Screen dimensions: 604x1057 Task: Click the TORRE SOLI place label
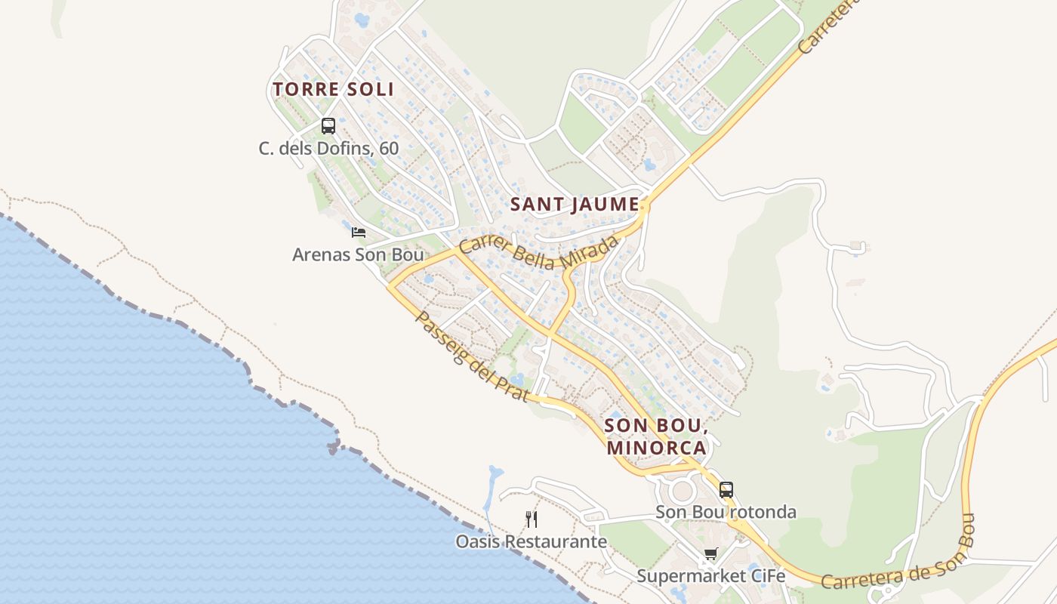(x=333, y=89)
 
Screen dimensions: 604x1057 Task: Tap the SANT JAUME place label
(x=575, y=205)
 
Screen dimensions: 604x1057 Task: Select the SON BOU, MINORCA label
(x=655, y=436)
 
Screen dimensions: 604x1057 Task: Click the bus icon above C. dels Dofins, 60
(x=328, y=126)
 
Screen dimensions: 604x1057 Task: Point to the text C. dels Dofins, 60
(x=328, y=148)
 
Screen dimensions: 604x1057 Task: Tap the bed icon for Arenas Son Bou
(x=359, y=232)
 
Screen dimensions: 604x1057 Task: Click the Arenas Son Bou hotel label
(x=358, y=254)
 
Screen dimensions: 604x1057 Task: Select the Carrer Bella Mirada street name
(x=538, y=252)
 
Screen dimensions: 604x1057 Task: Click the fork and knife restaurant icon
(x=532, y=519)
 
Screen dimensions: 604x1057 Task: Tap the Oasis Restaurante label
(x=531, y=541)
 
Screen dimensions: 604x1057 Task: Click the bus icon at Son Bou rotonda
(x=726, y=489)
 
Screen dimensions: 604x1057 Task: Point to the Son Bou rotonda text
(x=726, y=512)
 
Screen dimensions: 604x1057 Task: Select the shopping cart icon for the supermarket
(x=710, y=555)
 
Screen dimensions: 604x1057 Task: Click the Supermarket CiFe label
(x=710, y=576)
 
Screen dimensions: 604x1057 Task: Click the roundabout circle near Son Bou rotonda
(x=683, y=491)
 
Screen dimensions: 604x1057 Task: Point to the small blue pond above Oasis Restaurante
(x=495, y=475)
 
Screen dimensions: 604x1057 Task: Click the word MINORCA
(x=655, y=448)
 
